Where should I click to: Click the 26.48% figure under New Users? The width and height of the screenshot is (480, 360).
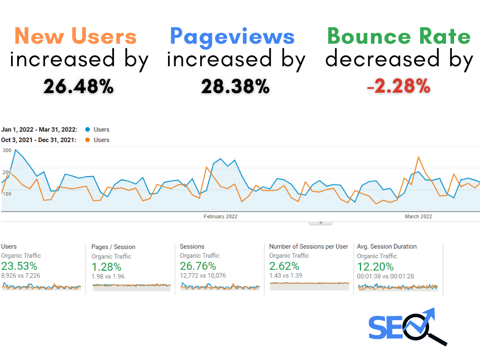(x=79, y=86)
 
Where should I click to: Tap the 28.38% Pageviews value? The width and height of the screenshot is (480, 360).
(x=235, y=86)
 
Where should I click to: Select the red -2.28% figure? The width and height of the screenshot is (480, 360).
(x=399, y=86)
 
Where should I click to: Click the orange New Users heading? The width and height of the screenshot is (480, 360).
(x=76, y=36)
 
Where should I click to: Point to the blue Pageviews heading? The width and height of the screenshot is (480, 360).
(x=232, y=37)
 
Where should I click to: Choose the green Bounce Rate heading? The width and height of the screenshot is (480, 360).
(x=399, y=36)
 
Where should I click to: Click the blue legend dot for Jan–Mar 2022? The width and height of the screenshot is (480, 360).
(x=87, y=130)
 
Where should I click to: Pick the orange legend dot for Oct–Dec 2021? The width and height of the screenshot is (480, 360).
(x=87, y=140)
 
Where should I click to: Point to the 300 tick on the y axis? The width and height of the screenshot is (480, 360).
(x=7, y=150)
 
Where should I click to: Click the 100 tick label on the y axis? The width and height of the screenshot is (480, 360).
(x=7, y=194)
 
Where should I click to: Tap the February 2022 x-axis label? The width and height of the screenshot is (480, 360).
(x=220, y=216)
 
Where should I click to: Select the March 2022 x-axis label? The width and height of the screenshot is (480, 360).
(x=418, y=216)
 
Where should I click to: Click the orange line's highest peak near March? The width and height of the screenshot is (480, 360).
(x=419, y=157)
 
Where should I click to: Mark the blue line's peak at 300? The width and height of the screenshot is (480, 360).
(x=16, y=150)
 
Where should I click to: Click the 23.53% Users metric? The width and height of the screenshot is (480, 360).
(x=19, y=266)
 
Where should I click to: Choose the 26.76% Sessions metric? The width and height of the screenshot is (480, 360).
(x=198, y=266)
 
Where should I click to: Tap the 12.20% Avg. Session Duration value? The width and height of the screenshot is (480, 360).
(x=375, y=266)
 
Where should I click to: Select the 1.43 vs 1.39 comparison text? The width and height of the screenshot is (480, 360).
(x=286, y=276)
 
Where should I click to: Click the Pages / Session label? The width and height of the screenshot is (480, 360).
(x=113, y=247)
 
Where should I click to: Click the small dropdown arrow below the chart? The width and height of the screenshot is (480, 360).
(x=321, y=223)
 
